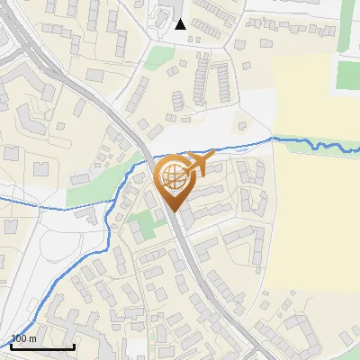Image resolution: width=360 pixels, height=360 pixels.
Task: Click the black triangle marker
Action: (x=180, y=24)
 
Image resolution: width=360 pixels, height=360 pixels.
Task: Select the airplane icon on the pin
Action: (x=195, y=165)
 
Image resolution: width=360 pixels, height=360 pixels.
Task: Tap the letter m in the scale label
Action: (x=33, y=338)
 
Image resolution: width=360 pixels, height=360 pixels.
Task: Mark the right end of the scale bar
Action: (x=74, y=346)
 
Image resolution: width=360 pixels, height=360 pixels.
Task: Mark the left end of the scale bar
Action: (x=11, y=346)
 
